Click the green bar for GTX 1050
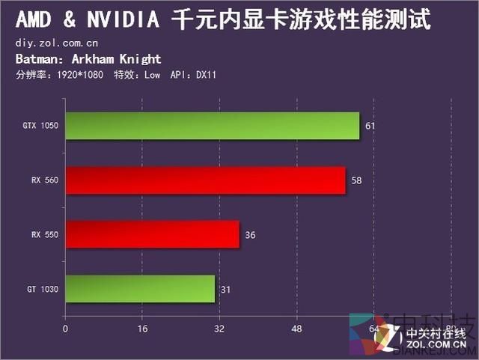point(213,126)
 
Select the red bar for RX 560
point(205,180)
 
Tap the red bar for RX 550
point(152,234)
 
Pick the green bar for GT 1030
point(140,289)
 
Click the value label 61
point(370,126)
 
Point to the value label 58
point(356,180)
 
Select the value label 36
point(250,235)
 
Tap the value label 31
point(225,289)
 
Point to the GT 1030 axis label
point(43,289)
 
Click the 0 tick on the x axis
point(65,329)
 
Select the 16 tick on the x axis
point(142,329)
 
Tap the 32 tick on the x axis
point(219,329)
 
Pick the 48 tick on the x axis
point(296,329)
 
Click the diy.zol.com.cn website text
point(56,44)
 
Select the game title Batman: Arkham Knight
point(88,59)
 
